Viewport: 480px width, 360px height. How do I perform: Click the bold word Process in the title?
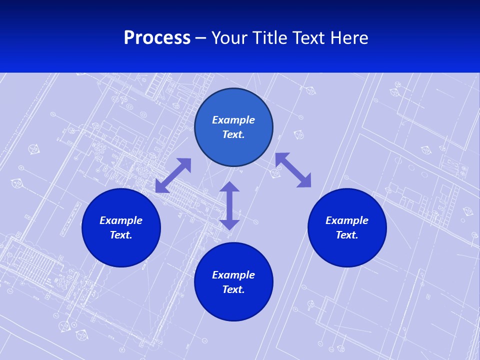tap(157, 38)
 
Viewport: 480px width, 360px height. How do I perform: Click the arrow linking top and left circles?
tap(173, 175)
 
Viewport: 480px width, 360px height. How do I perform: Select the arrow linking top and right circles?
tap(293, 170)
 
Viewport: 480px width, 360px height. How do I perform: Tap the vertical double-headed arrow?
tap(229, 205)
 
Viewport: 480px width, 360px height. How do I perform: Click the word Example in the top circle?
tap(233, 120)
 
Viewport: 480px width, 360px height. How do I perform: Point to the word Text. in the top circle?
tap(233, 134)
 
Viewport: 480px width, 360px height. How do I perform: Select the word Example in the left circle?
tap(121, 220)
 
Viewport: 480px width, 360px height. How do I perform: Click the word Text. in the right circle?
tap(347, 235)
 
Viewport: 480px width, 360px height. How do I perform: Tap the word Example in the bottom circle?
tap(233, 275)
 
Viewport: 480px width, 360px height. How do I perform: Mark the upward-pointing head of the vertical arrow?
tap(229, 187)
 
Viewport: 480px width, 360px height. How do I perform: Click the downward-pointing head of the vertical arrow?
tap(229, 224)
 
